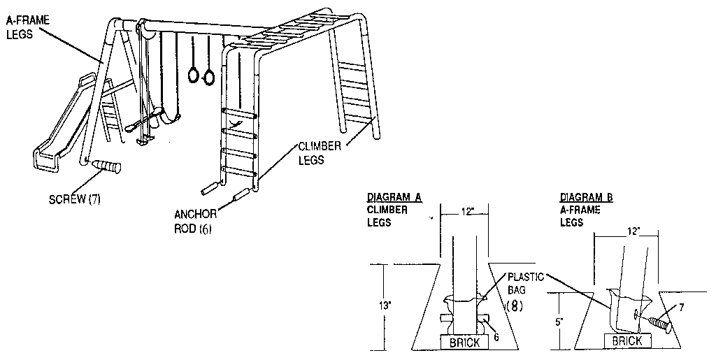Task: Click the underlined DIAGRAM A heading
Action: click(x=394, y=198)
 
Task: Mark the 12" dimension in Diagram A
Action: click(x=466, y=210)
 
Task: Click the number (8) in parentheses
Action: click(x=513, y=305)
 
